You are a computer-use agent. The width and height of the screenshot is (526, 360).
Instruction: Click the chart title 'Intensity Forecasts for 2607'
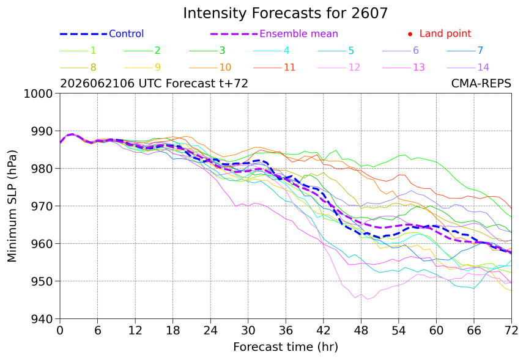click(x=285, y=13)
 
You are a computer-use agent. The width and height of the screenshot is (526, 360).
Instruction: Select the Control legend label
click(x=127, y=34)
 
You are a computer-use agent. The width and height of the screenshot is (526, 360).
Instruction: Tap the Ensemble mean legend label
click(x=298, y=34)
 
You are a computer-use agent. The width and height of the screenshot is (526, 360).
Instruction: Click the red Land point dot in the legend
click(x=410, y=34)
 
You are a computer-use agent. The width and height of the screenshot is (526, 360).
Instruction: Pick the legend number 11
click(x=289, y=67)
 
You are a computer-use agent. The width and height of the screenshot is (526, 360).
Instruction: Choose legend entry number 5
click(x=351, y=51)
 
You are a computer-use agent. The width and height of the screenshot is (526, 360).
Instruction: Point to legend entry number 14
click(x=483, y=67)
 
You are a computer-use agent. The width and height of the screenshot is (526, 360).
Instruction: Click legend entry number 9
click(x=158, y=67)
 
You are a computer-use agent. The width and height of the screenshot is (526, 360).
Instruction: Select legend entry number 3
click(x=222, y=51)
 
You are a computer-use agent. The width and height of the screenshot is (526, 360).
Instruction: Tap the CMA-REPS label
click(x=481, y=83)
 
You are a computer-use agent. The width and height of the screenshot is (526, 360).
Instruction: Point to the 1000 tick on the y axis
click(x=39, y=94)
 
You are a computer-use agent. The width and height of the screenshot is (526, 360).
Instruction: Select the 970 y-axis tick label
click(x=42, y=206)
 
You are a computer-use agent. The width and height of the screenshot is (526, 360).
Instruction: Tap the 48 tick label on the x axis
click(x=361, y=331)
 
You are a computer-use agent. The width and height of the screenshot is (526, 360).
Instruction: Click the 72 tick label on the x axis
click(x=511, y=331)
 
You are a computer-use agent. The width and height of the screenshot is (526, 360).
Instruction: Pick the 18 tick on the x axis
click(x=172, y=331)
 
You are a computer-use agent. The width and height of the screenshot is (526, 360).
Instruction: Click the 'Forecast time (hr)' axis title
click(x=286, y=347)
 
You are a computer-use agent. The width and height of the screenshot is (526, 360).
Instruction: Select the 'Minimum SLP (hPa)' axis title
click(x=12, y=206)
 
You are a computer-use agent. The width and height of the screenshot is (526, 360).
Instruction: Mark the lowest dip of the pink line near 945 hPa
click(x=368, y=299)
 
